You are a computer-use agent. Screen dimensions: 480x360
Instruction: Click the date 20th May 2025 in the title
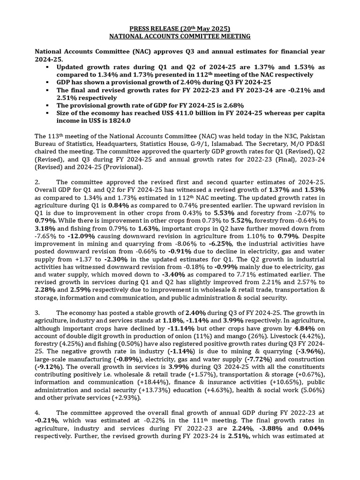point(209,28)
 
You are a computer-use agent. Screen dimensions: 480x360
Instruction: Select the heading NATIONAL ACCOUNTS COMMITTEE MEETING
point(180,36)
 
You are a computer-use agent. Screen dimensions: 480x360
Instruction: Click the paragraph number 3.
point(38,313)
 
